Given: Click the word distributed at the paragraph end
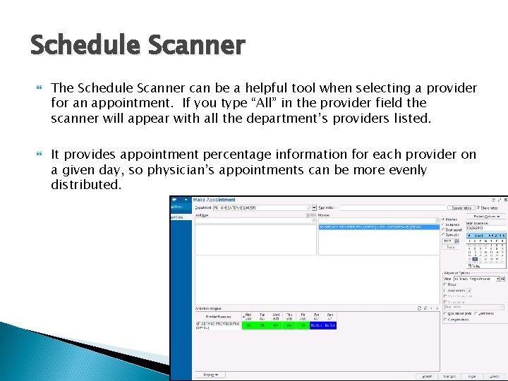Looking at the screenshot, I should click(x=85, y=185).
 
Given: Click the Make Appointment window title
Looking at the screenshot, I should click(x=214, y=200).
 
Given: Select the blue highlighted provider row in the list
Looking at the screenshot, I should click(x=370, y=227).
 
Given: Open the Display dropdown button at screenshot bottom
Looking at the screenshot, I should click(x=210, y=375).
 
